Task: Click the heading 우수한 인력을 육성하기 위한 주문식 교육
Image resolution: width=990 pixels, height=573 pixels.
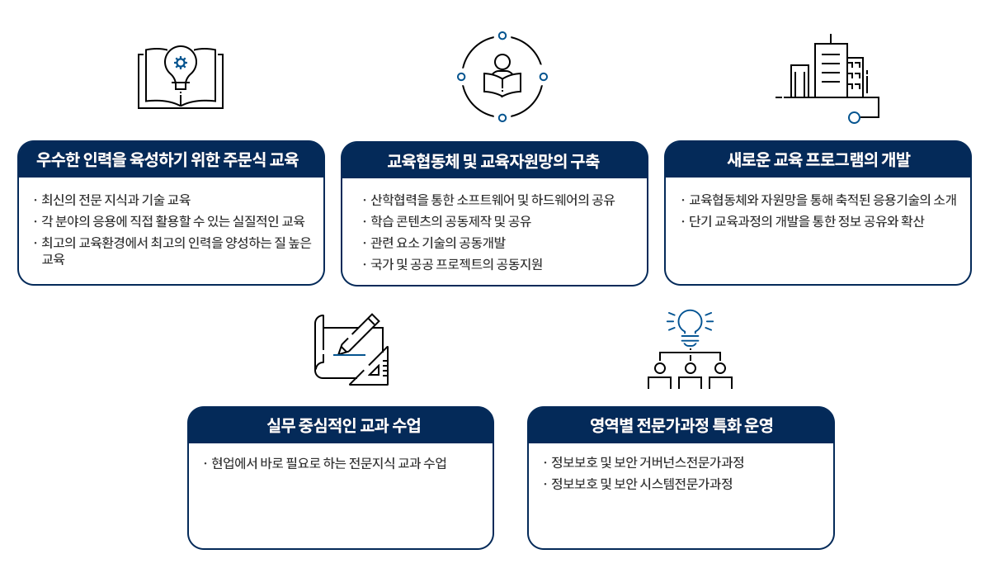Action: click(167, 159)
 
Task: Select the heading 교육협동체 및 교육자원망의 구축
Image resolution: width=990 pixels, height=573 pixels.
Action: click(493, 161)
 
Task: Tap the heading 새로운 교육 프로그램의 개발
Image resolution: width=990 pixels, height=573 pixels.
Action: click(818, 159)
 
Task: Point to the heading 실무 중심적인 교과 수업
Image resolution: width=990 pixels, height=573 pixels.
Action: click(343, 425)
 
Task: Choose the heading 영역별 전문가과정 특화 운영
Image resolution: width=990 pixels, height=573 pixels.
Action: click(681, 425)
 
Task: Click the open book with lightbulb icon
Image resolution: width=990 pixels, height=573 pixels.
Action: click(181, 77)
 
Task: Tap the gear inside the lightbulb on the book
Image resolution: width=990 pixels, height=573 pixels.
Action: click(181, 63)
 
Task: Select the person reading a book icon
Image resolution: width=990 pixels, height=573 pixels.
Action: click(502, 76)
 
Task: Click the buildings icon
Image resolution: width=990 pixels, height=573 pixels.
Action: click(827, 78)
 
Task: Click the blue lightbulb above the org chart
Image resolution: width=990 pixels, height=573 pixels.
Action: click(690, 328)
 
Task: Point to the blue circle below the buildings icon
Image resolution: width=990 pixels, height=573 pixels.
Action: click(855, 118)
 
